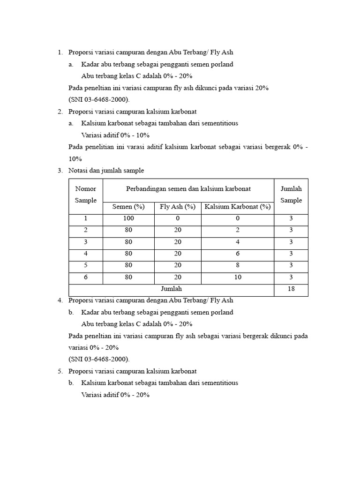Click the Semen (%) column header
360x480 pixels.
pos(128,207)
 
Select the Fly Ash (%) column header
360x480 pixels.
pos(177,207)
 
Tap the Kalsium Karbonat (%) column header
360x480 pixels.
pos(238,207)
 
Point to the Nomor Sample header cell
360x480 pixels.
pos(86,195)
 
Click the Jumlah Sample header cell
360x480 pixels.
pos(291,195)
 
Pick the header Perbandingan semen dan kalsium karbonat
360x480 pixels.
pos(188,189)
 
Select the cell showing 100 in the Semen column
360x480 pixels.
pos(128,218)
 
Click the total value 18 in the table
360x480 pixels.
pos(291,289)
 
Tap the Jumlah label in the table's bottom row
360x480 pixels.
pos(171,289)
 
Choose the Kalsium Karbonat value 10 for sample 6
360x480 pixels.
pos(238,277)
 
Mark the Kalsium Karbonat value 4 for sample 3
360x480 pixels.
pos(238,242)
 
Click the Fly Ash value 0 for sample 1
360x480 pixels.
pos(178,218)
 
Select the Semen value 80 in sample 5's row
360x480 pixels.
pos(128,266)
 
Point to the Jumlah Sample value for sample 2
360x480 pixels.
pos(291,230)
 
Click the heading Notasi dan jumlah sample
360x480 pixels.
pos(106,171)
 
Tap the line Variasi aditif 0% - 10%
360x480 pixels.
pos(115,135)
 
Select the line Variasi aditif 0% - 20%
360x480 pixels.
pos(115,395)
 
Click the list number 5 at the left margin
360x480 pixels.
pos(60,371)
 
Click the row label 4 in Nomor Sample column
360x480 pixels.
pos(86,254)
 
